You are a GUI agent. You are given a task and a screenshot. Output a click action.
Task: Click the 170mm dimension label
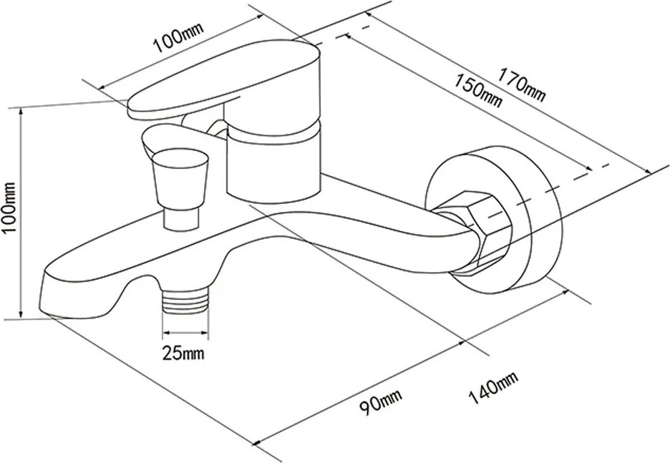pos(521,85)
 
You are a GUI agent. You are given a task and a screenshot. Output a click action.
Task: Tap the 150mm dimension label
pos(477,90)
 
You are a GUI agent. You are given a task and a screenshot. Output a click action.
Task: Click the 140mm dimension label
pos(493,387)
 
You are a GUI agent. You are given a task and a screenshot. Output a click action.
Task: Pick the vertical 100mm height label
pos(9,208)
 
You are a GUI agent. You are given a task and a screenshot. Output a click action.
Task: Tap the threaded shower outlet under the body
pos(185,300)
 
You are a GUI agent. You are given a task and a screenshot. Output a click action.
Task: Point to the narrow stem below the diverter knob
pos(181,219)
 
